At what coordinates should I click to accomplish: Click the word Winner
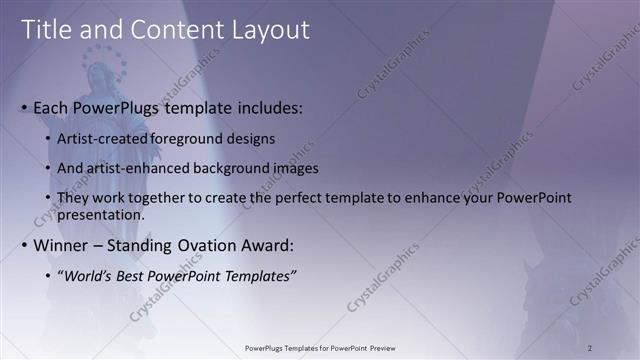(x=62, y=246)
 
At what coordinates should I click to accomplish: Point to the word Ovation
(x=198, y=246)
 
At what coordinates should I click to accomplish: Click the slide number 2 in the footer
(x=590, y=347)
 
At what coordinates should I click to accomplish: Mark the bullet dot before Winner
(x=25, y=246)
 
